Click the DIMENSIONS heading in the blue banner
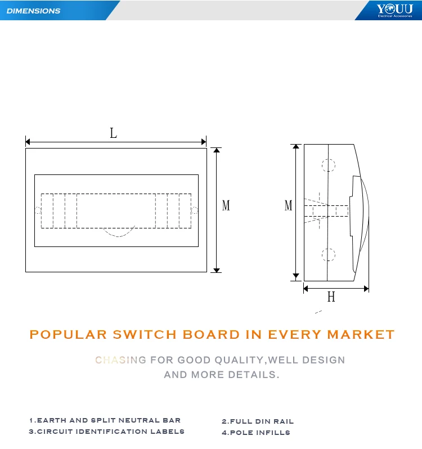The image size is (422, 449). pos(33,11)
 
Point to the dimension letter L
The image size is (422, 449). pos(114,133)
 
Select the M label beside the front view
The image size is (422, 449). pos(226,206)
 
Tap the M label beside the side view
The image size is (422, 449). pos(288,206)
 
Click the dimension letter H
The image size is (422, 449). pos(331,297)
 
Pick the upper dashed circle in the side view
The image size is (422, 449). pos(328,165)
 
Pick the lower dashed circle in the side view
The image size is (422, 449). pos(328,254)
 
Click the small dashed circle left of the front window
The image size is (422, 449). pos(38,210)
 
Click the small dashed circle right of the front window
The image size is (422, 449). pos(194,210)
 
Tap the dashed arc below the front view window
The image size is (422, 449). pos(119,233)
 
